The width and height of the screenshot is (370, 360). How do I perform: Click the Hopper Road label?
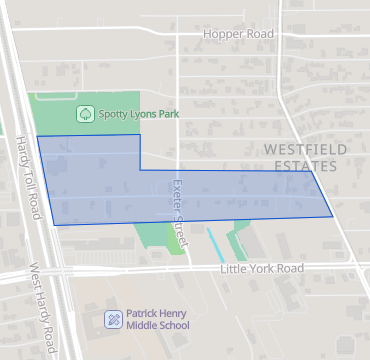point(237,33)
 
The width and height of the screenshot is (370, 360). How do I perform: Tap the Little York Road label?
point(261,269)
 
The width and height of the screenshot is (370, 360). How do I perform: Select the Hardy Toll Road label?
point(27,180)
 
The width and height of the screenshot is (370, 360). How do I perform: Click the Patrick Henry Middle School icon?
point(114,319)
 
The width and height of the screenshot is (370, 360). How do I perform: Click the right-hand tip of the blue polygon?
point(332,215)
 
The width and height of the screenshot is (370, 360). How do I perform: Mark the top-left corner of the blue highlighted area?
point(38,136)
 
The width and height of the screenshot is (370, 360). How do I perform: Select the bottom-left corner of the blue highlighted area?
point(54,225)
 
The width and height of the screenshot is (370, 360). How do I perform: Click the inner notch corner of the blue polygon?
point(141,170)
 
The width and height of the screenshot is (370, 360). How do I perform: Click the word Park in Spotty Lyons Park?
point(167,114)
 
